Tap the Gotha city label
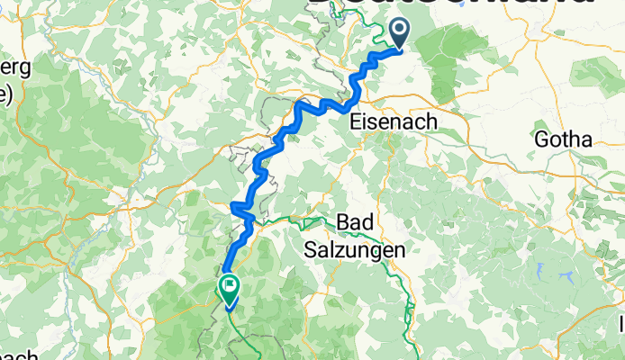(564, 139)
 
